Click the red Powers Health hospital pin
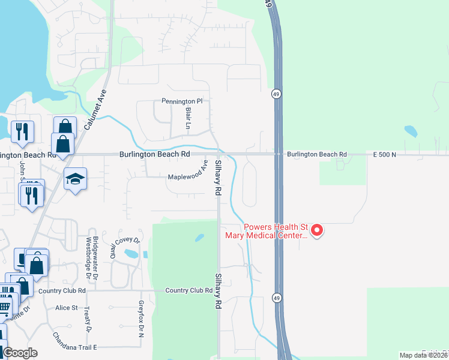click(318, 230)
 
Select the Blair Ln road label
click(188, 120)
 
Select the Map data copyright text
click(423, 355)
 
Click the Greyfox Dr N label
click(142, 318)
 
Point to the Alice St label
click(66, 308)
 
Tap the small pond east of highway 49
click(411, 131)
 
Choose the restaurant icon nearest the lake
click(23, 131)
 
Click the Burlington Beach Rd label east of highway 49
click(316, 154)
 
